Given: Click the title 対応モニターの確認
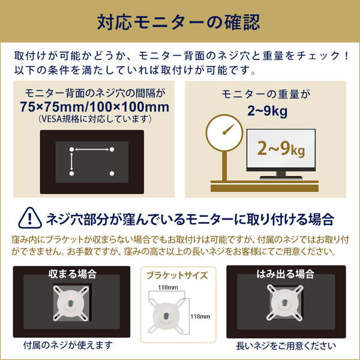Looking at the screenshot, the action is click(178, 22).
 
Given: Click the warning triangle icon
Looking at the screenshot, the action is click(30, 218).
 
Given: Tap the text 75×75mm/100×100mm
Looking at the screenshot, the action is click(95, 107).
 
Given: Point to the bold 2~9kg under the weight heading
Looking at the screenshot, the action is click(267, 111).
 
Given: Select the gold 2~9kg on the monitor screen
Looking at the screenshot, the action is click(281, 149).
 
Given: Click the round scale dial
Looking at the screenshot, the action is click(224, 133).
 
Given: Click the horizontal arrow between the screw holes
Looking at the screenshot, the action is click(92, 149).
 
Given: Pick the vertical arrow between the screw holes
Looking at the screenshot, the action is click(71, 161).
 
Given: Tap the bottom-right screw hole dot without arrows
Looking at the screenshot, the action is click(112, 173).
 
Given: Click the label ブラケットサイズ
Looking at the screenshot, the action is click(177, 275).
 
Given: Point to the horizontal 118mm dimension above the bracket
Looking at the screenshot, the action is click(168, 287).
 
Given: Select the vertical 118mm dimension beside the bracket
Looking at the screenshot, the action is click(200, 317).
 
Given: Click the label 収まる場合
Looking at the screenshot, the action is click(73, 274).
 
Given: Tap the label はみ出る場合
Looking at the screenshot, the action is click(285, 274).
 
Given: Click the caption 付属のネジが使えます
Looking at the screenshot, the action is click(68, 345).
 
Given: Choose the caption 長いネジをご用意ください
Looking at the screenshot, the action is click(286, 346).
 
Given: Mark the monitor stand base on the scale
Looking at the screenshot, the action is click(281, 178).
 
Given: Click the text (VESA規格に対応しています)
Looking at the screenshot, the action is click(94, 119).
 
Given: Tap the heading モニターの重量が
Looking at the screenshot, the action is click(266, 94).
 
